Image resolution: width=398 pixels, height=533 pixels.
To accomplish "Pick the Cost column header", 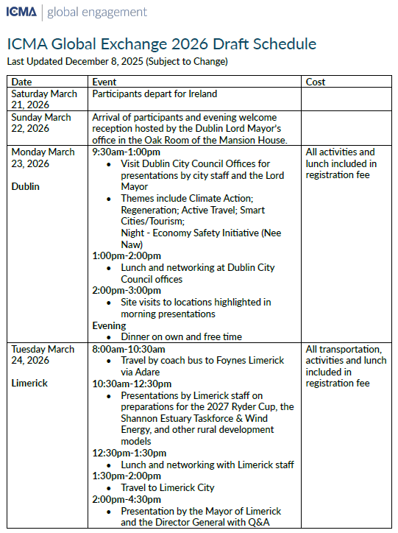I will point(316,82).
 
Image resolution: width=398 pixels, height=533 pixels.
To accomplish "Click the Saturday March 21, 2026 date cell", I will point(42,99).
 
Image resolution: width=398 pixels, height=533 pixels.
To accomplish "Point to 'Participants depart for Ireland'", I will point(154,94).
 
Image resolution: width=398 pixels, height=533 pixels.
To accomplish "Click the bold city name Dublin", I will point(26,186).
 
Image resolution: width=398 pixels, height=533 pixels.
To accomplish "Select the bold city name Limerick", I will point(29,384).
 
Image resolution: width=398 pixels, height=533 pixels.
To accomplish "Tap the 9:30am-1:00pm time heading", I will point(126,152).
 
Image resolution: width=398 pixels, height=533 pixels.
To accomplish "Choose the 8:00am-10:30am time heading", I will point(129,349).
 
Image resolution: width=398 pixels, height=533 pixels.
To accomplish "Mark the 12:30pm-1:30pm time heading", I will point(129,453).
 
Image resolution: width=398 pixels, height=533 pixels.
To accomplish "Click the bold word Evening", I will point(109,325).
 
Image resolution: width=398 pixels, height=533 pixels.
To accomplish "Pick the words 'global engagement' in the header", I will point(99,12).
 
